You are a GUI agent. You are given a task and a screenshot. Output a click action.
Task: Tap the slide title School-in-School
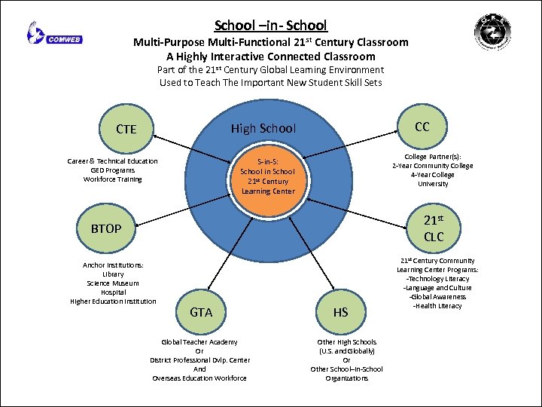click(x=271, y=26)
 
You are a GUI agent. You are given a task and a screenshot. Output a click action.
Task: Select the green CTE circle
click(x=126, y=129)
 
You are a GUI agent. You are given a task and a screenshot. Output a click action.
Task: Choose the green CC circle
click(x=422, y=127)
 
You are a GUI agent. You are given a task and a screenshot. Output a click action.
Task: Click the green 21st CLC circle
click(x=434, y=228)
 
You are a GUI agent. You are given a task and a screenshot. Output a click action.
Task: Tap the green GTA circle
click(x=201, y=311)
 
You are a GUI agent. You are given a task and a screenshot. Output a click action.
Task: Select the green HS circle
click(x=341, y=312)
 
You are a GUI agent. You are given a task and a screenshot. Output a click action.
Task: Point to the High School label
click(x=263, y=129)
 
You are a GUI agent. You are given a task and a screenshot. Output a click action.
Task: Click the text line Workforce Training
click(x=113, y=179)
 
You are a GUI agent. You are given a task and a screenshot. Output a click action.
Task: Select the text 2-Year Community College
click(x=433, y=166)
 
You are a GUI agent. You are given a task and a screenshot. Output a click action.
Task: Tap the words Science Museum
click(x=113, y=283)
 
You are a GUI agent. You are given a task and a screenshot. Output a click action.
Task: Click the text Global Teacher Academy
click(x=199, y=342)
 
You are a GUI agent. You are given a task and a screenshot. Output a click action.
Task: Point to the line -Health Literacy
click(x=437, y=306)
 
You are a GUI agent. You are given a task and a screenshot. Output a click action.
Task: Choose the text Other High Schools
click(x=347, y=342)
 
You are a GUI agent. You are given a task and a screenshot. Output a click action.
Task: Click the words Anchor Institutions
click(x=113, y=265)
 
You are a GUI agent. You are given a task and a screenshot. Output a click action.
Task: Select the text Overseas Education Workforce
click(x=199, y=378)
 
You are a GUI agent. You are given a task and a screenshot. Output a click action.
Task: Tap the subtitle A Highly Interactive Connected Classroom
click(x=271, y=57)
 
